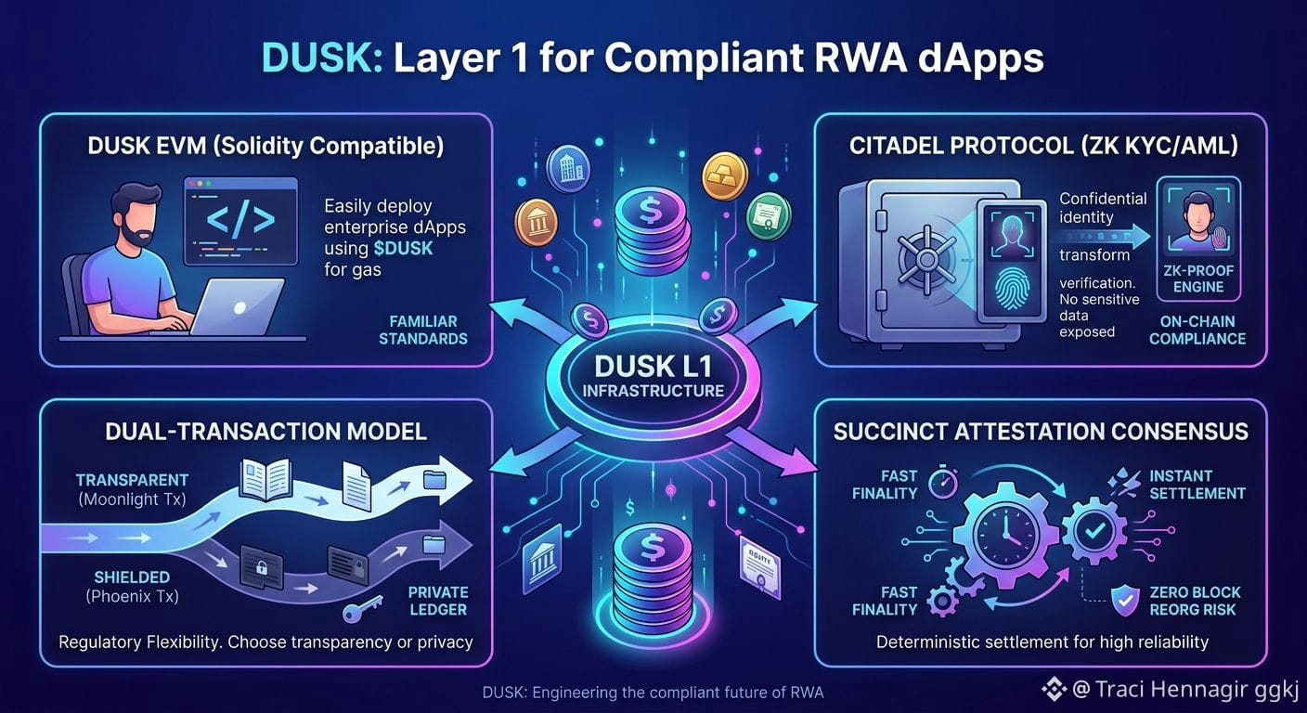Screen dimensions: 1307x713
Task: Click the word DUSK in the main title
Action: coord(322,58)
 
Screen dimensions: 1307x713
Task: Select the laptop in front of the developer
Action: coord(236,307)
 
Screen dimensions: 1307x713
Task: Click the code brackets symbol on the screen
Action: coord(240,219)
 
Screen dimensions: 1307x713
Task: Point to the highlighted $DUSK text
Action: coord(403,249)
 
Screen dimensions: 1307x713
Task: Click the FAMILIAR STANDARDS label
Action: coord(423,330)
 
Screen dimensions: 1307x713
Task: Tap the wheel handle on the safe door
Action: coord(926,258)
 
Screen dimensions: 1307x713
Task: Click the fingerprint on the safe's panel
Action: coord(1011,289)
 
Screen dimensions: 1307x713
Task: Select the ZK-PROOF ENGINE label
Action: coord(1198,279)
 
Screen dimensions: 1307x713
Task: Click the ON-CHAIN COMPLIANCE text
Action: coord(1197,330)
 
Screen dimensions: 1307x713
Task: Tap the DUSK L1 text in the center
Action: coord(653,367)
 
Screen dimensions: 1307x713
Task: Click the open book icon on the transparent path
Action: coord(266,479)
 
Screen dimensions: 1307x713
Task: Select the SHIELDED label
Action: coord(133,577)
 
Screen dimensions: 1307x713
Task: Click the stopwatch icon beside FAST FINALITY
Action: coord(943,482)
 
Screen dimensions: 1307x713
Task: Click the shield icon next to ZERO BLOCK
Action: coord(1125,601)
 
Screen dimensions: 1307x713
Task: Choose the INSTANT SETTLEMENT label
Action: coord(1197,485)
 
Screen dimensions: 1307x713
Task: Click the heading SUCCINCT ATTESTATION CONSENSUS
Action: coord(1041,431)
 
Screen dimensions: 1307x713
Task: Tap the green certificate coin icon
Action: coord(769,216)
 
